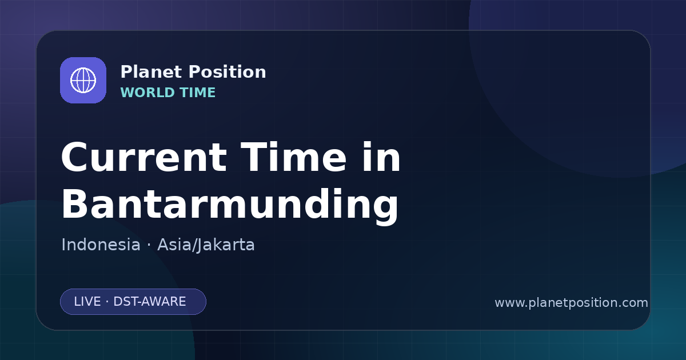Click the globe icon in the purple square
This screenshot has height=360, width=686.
[x=83, y=80]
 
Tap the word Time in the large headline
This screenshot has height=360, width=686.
[x=293, y=157]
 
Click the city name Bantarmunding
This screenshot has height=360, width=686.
[x=230, y=205]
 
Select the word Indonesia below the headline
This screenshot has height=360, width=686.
[x=101, y=245]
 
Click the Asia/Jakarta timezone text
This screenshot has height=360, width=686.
[x=206, y=245]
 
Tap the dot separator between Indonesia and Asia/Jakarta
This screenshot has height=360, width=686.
[x=149, y=246]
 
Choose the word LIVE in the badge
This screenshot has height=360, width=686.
[x=87, y=302]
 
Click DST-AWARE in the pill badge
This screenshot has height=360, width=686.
[x=149, y=302]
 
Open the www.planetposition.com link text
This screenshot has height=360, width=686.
[x=572, y=303]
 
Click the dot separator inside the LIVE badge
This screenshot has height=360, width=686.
[x=107, y=302]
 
